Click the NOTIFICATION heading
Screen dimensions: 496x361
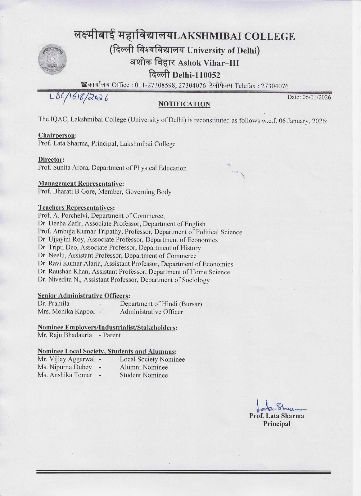tap(184, 104)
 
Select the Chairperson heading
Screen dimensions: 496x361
tap(57, 135)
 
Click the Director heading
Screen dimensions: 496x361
tap(51, 160)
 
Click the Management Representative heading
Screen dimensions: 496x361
tap(81, 184)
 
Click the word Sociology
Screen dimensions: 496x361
tap(197, 280)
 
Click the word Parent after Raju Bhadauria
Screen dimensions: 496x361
tap(112, 335)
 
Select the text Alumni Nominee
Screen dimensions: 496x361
tap(144, 367)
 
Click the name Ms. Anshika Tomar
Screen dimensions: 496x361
tap(65, 375)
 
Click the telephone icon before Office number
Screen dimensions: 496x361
tap(83, 85)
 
